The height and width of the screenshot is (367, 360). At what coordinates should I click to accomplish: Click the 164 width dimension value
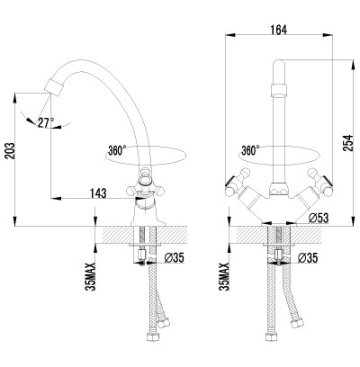point(279,30)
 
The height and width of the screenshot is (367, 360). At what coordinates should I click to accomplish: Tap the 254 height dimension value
point(348,143)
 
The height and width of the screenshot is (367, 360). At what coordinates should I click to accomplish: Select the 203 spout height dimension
point(10,151)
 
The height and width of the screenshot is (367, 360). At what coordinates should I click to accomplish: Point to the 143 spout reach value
point(98,193)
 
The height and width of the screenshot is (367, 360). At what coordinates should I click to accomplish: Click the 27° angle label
point(46,122)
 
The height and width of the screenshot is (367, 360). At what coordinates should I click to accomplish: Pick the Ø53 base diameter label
point(319,218)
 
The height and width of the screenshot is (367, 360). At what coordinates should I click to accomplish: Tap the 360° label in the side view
point(116,150)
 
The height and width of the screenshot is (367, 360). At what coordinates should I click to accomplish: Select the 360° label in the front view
point(250,150)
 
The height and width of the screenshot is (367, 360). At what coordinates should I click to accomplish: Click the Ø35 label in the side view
point(175,257)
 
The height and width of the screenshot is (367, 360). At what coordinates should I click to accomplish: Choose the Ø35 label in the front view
point(308,257)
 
